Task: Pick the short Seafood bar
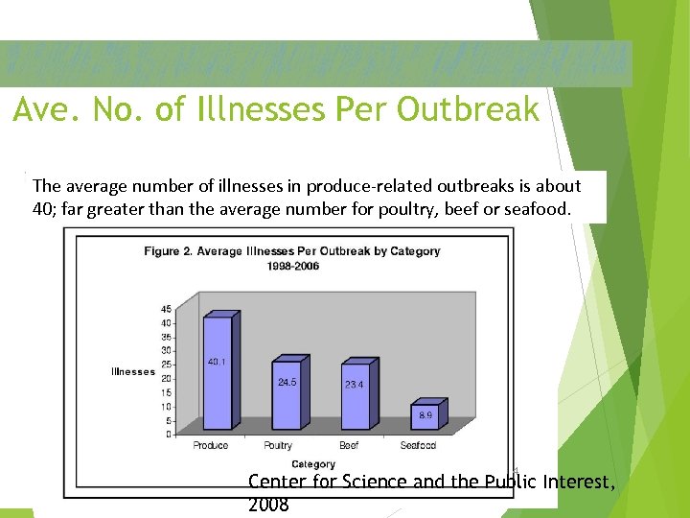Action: (424, 415)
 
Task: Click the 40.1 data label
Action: (218, 362)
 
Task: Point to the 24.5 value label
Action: (287, 382)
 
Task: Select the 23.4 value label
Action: (354, 384)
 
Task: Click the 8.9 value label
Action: (425, 415)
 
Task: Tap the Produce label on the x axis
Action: (211, 446)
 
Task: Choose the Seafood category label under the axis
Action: (418, 446)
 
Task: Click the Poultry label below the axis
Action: (278, 446)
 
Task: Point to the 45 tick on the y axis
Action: (166, 309)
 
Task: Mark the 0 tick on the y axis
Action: (169, 435)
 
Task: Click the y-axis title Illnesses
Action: (133, 371)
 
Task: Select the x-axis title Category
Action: (313, 464)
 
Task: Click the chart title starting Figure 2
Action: (292, 251)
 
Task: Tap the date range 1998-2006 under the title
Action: (293, 266)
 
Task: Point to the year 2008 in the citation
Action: (268, 504)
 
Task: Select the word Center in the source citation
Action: (277, 482)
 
